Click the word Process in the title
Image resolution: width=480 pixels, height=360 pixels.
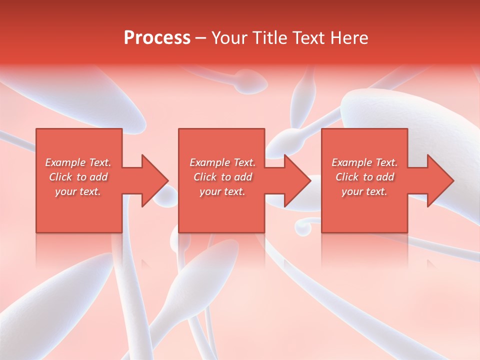(x=157, y=38)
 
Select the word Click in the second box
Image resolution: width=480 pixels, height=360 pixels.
(x=205, y=177)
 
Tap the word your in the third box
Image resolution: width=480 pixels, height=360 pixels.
(x=352, y=191)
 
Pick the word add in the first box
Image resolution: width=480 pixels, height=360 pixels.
(x=98, y=177)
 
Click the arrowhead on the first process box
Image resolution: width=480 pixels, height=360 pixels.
(x=155, y=180)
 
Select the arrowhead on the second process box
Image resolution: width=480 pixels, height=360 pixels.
(x=298, y=180)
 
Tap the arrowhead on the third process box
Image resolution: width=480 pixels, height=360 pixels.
(x=440, y=180)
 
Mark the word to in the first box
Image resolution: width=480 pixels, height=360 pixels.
(x=81, y=177)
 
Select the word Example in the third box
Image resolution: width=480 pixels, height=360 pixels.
(x=351, y=162)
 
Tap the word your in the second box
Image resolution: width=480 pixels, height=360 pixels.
(x=210, y=191)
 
